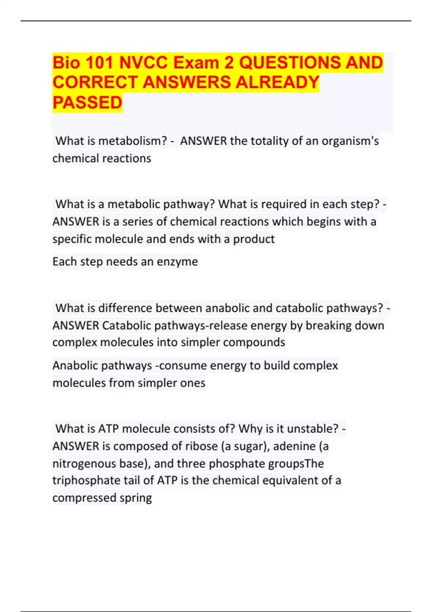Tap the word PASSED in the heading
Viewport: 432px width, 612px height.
[x=87, y=103]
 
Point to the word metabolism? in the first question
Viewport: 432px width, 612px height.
[x=133, y=141]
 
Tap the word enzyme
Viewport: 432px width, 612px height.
[x=180, y=261]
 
